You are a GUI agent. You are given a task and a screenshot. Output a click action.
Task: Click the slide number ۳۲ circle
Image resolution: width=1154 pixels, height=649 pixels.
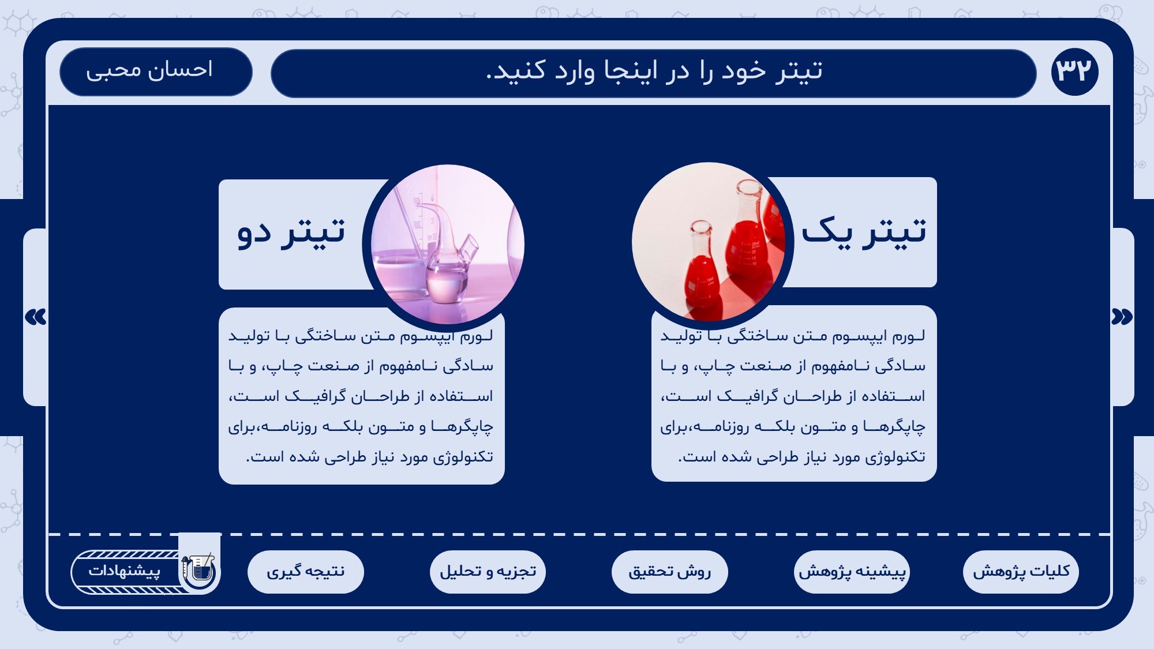[x=1074, y=72]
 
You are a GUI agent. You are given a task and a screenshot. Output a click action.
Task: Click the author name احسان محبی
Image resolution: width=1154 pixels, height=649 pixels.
[x=149, y=70]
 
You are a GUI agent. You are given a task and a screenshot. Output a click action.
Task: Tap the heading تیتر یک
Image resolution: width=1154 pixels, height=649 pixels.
[x=864, y=231]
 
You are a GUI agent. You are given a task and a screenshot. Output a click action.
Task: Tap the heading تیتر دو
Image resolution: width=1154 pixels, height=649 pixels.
[x=291, y=232]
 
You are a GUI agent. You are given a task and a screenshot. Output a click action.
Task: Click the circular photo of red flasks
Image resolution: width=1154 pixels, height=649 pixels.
[x=709, y=242]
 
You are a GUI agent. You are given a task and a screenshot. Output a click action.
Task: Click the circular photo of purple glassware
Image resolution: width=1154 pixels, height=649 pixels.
[x=448, y=245]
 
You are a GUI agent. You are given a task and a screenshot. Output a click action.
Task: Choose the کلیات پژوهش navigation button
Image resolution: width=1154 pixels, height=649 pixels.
[x=1021, y=572]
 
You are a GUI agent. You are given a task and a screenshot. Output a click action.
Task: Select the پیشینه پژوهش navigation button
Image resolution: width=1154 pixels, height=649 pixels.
[x=852, y=572]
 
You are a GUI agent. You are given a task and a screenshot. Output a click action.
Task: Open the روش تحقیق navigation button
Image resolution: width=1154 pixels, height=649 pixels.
[x=670, y=572]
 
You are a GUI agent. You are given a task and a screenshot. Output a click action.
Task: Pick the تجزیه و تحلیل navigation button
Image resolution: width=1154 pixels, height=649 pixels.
[x=488, y=572]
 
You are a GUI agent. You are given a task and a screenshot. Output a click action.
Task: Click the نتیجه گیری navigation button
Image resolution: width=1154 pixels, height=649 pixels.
[x=306, y=572]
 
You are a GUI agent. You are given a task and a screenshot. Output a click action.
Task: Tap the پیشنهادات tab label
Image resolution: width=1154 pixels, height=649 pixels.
[x=124, y=571]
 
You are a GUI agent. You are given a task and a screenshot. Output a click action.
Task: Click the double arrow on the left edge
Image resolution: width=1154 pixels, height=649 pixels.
[x=36, y=317]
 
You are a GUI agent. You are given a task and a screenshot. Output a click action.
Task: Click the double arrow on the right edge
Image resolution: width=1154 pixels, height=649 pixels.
[x=1122, y=317]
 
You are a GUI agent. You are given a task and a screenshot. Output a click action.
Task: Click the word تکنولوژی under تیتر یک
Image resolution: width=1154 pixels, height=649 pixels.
[x=897, y=457]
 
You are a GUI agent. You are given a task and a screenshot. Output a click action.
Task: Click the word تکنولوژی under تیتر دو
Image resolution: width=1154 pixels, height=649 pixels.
[x=464, y=457]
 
